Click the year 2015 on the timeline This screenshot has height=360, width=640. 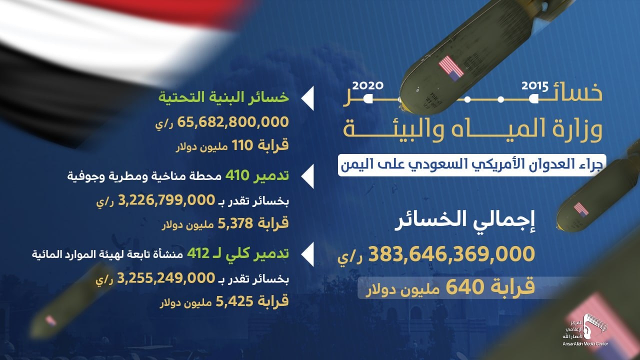pyautogui.click(x=535, y=86)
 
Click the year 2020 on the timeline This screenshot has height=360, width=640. pyautogui.click(x=367, y=85)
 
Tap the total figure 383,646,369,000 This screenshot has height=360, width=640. pyautogui.click(x=451, y=254)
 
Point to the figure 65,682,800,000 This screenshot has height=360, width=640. pyautogui.click(x=233, y=122)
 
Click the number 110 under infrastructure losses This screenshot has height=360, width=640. pyautogui.click(x=242, y=145)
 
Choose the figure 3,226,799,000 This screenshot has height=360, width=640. pyautogui.click(x=166, y=200)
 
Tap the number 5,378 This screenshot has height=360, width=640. pyautogui.click(x=235, y=223)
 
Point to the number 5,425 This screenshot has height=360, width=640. pyautogui.click(x=234, y=301)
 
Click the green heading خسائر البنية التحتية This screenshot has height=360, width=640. pyautogui.click(x=223, y=97)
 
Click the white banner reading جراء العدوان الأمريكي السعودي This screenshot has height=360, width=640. pyautogui.click(x=471, y=165)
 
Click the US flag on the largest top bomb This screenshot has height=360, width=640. pyautogui.click(x=451, y=68)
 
